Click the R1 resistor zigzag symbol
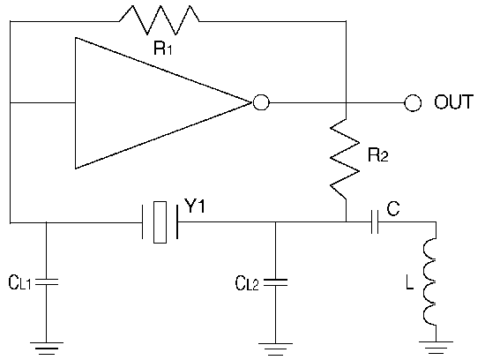click(160, 19)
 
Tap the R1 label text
click(163, 48)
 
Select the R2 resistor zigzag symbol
click(345, 159)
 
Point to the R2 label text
click(377, 154)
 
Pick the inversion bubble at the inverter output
click(261, 102)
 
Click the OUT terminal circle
click(413, 102)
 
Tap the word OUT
click(453, 101)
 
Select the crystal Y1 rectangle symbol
click(160, 222)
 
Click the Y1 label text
click(195, 206)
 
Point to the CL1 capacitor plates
click(47, 281)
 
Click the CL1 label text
click(19, 282)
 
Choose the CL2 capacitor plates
click(276, 282)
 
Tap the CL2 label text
click(247, 283)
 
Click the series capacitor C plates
click(375, 221)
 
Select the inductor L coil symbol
click(430, 281)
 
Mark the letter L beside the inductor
click(409, 282)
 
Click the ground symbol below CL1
click(47, 348)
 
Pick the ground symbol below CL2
click(275, 349)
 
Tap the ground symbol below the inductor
click(436, 348)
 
